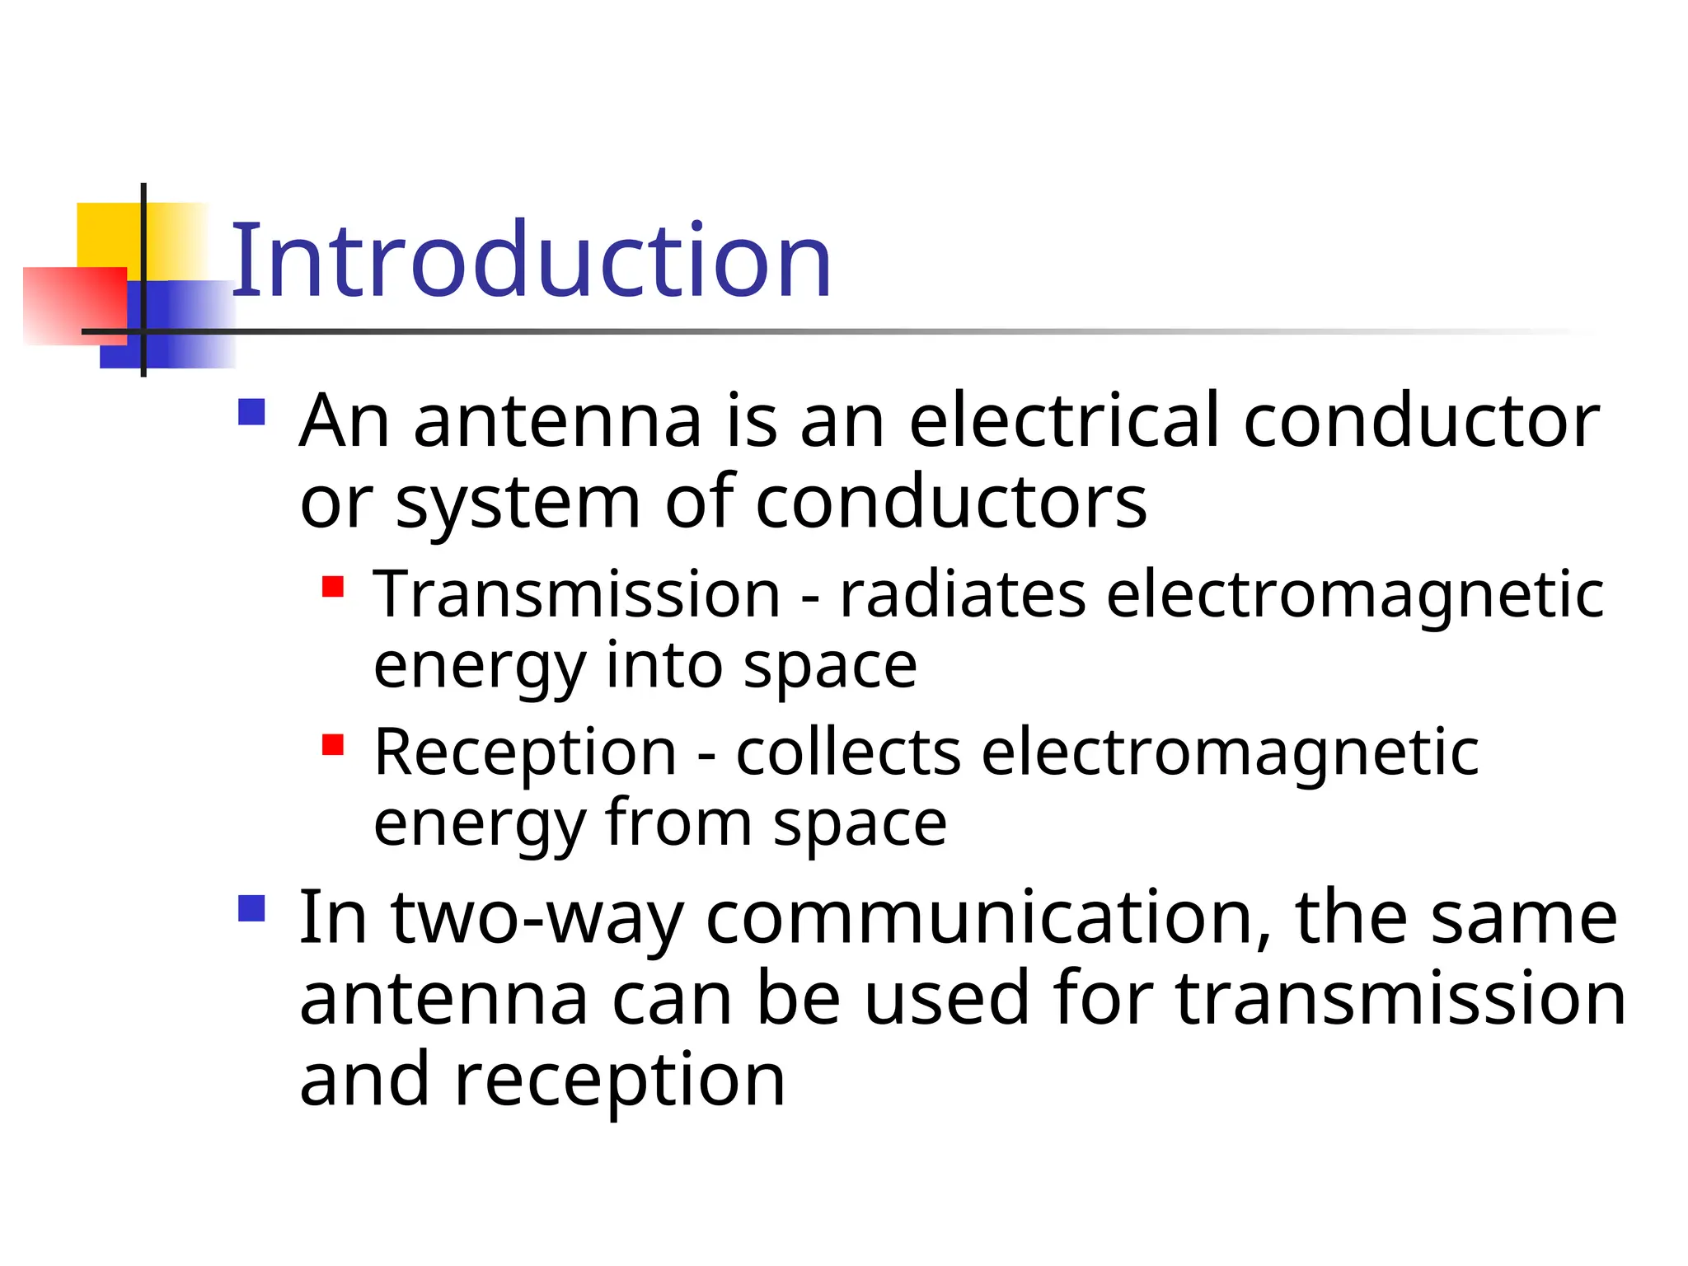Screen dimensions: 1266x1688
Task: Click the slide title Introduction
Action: (532, 262)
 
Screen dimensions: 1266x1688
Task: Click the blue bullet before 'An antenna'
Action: (251, 412)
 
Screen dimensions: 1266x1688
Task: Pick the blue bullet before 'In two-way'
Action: (251, 908)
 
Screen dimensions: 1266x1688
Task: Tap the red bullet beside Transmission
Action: (332, 587)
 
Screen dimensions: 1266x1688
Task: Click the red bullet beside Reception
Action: (332, 745)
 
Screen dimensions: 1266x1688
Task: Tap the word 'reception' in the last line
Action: (620, 1081)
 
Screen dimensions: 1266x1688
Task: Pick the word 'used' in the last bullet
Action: (947, 999)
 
